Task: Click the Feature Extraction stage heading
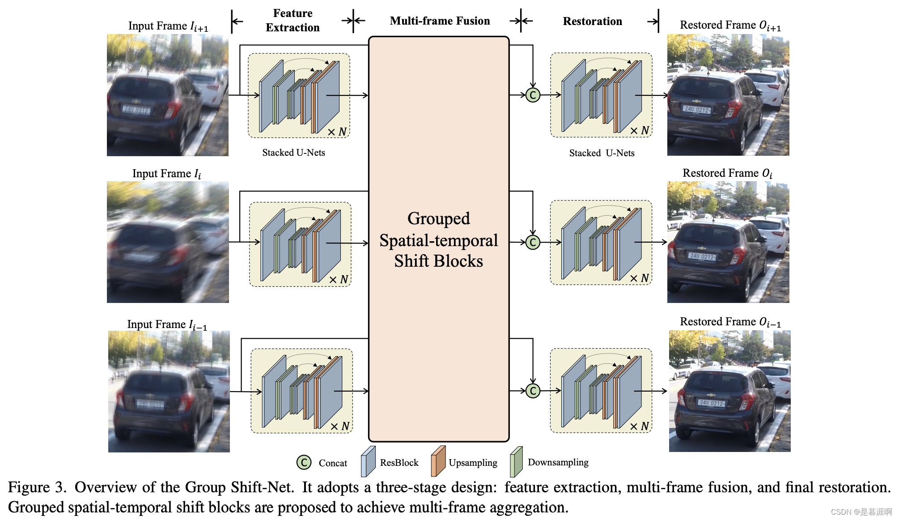click(x=293, y=21)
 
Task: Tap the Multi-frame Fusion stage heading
click(x=440, y=21)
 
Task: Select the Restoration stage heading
click(x=592, y=21)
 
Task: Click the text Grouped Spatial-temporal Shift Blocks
click(x=438, y=239)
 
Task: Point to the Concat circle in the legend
click(x=304, y=462)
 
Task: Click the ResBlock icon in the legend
click(x=368, y=461)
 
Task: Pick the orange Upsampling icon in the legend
click(x=438, y=461)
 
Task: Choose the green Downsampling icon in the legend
click(x=517, y=461)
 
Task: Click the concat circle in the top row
click(x=533, y=95)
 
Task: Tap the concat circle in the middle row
click(x=533, y=242)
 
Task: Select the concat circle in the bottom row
click(x=533, y=391)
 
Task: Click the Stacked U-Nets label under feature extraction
click(x=293, y=153)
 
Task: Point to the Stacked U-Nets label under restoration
click(x=602, y=153)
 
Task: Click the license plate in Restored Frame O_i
click(x=702, y=256)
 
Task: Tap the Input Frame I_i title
click(x=166, y=174)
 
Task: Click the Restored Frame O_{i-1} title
click(x=730, y=322)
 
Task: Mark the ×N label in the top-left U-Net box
click(x=337, y=132)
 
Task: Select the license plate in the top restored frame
click(x=697, y=109)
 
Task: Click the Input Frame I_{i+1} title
click(x=168, y=26)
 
